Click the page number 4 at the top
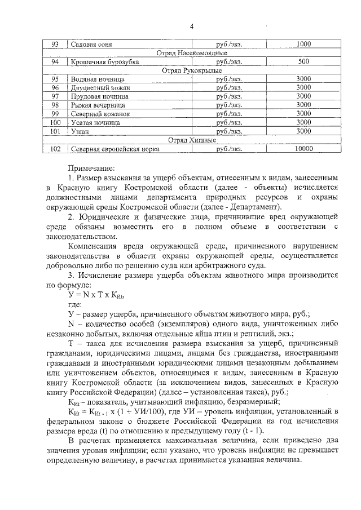191,26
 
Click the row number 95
55,79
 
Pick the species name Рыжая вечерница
98,105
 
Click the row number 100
55,122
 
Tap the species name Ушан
79,131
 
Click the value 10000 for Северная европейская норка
303,149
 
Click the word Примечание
91,167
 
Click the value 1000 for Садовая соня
303,45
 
